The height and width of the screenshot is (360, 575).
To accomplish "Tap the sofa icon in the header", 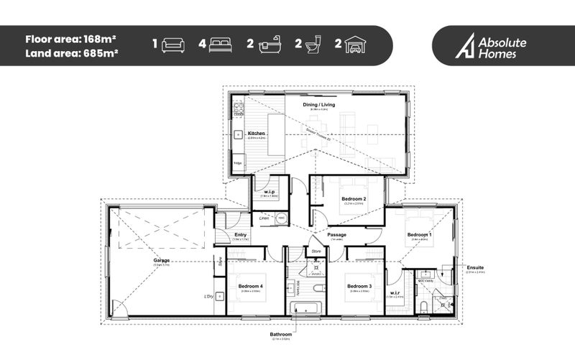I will pyautogui.click(x=173, y=45).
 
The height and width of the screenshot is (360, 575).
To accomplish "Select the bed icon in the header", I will pyautogui.click(x=220, y=45).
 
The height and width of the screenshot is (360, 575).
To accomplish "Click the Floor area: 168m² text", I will pyautogui.click(x=71, y=39).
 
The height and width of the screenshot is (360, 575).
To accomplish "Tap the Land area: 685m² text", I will pyautogui.click(x=71, y=52).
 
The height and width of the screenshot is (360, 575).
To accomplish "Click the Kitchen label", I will pyautogui.click(x=257, y=134).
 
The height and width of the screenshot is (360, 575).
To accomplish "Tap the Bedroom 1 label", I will pyautogui.click(x=420, y=235).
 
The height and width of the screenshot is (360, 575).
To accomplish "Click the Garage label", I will pyautogui.click(x=162, y=260).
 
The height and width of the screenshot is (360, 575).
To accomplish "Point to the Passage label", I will pyautogui.click(x=336, y=235).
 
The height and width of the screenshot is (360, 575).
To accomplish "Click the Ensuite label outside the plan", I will pyautogui.click(x=476, y=268).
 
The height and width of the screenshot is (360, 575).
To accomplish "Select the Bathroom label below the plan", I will pyautogui.click(x=281, y=334).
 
